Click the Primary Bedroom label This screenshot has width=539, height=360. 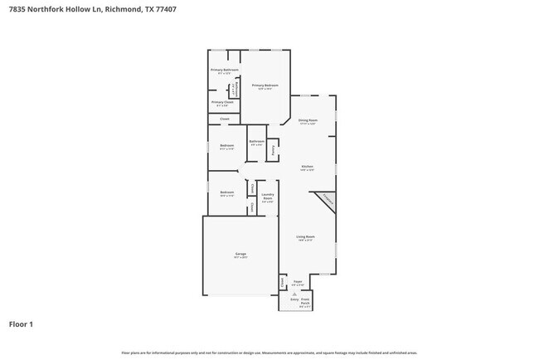point(265,85)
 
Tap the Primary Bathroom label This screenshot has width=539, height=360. point(224,71)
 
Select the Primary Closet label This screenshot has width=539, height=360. point(222,103)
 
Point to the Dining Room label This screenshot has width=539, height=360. point(308,121)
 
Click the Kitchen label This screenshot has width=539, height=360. point(307,167)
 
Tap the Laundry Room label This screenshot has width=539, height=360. point(267,198)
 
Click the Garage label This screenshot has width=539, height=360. point(240,254)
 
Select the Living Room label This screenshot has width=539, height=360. point(306,237)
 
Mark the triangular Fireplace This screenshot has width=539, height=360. point(327,201)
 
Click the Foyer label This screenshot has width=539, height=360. point(297,281)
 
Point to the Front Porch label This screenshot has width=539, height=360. point(305,300)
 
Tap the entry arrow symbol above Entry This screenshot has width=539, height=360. point(294,293)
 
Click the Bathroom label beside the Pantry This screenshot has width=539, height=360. point(256,142)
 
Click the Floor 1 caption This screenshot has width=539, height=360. point(21,324)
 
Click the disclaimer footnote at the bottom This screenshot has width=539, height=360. point(269,353)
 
